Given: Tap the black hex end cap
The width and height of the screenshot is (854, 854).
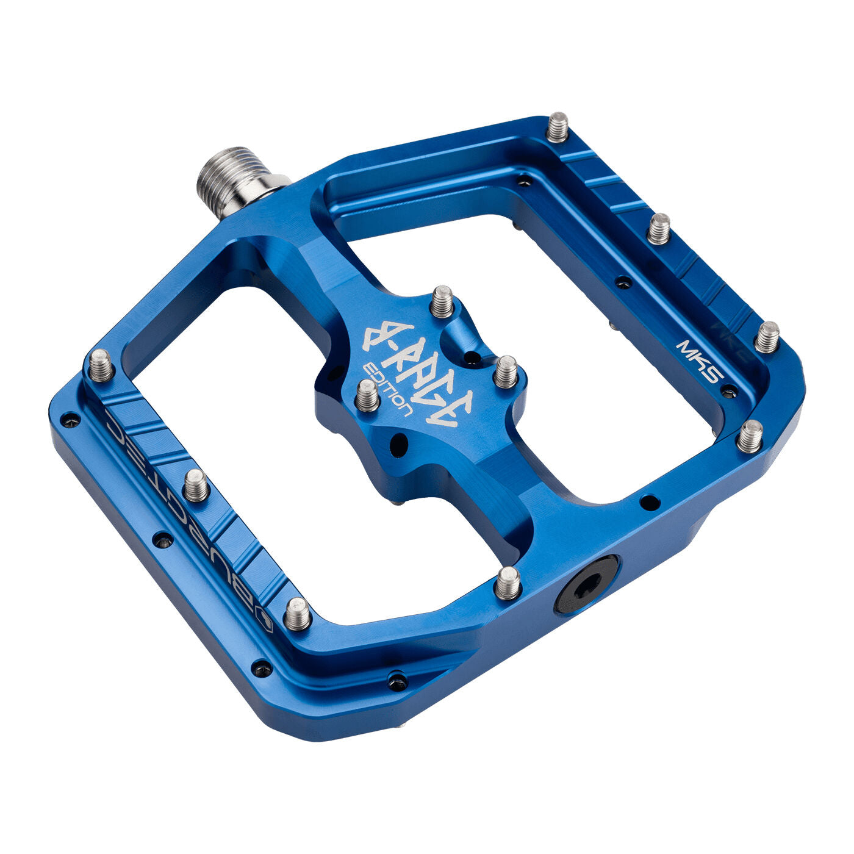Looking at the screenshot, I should coord(586,584).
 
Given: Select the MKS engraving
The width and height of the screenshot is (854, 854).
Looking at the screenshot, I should coord(699,361).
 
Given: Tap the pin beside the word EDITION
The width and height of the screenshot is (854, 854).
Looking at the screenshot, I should coord(367,395).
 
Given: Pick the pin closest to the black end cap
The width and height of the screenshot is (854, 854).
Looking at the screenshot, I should coord(508,582).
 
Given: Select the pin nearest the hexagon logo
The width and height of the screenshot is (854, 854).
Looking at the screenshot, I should coord(297,613).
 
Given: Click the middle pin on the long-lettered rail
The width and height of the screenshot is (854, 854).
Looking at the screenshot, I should coord(196,485).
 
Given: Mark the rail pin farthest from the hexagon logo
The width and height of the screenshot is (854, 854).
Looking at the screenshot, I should coord(101,365).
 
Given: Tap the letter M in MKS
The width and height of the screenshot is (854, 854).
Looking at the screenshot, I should coord(685,349).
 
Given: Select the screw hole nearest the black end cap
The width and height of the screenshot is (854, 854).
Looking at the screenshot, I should coord(650,503).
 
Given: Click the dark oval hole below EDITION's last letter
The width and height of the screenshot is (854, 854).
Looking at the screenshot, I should coord(398,444).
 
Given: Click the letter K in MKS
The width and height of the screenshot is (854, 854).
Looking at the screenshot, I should coord(699,361).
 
